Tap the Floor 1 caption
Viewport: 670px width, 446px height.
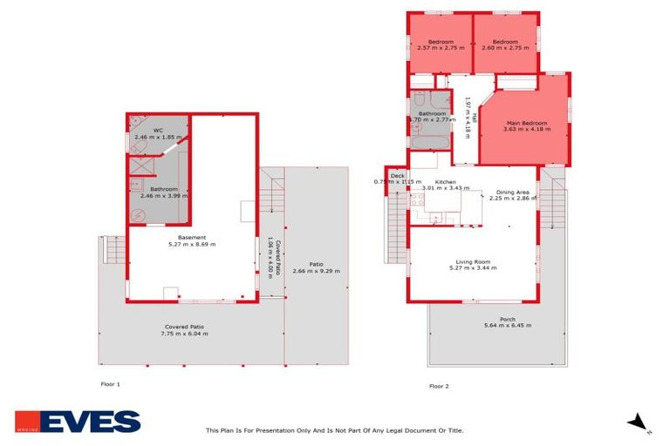coord(111,383)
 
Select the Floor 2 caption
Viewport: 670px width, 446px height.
coord(439,386)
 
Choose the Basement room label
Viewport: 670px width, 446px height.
coord(192,238)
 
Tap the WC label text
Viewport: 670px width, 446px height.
coord(159,131)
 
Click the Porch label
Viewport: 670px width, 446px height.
coord(507,319)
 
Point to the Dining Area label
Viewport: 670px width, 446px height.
coord(512,192)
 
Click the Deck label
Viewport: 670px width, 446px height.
coord(398,176)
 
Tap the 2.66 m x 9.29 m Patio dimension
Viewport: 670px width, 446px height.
coord(316,271)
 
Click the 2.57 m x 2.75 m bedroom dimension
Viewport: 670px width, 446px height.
coord(441,49)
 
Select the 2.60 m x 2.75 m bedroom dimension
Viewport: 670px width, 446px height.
coord(505,49)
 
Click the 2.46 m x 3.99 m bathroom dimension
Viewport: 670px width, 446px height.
coord(164,196)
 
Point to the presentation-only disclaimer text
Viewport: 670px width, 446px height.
coord(334,429)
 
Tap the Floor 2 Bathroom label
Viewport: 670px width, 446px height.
coord(432,113)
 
